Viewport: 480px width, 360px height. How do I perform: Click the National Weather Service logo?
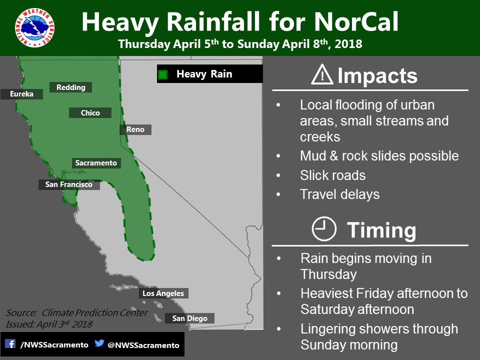(34, 27)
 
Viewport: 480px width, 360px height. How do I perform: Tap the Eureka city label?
(21, 94)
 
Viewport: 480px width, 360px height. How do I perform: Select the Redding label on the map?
(70, 87)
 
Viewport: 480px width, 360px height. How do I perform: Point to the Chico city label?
(90, 112)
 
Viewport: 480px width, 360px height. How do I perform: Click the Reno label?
(135, 129)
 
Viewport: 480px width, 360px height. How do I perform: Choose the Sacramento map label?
(96, 163)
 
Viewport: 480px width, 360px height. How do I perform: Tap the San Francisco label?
(69, 184)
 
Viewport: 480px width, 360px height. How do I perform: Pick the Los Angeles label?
(163, 293)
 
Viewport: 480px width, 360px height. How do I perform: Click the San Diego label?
(190, 318)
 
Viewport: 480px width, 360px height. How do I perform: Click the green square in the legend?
(163, 74)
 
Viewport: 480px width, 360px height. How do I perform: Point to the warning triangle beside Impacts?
(322, 74)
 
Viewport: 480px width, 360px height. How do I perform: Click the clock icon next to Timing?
(324, 229)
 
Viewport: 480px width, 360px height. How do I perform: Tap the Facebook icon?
(10, 343)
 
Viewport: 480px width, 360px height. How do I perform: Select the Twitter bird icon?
(99, 343)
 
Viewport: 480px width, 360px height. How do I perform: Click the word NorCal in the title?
(356, 21)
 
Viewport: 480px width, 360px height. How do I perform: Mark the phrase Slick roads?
(333, 175)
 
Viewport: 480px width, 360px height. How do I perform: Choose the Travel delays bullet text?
(340, 194)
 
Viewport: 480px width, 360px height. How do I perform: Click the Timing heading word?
(381, 230)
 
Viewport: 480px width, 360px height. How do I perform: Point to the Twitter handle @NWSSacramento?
(143, 345)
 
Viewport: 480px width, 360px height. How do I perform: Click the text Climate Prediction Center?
(94, 312)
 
